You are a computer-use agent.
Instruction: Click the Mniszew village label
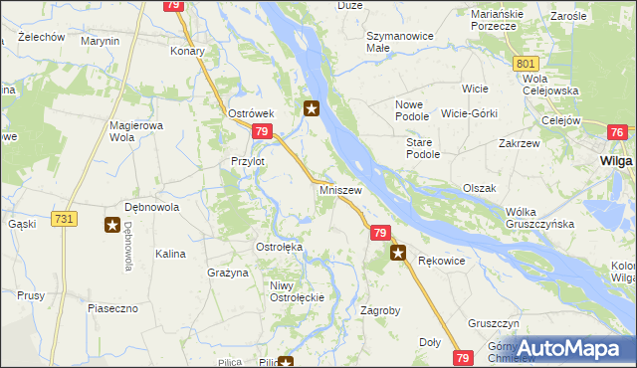pyautogui.click(x=340, y=189)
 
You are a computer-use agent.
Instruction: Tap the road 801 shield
pyautogui.click(x=527, y=64)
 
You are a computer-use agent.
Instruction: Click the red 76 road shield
pyautogui.click(x=617, y=133)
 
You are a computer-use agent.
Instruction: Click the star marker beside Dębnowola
pyautogui.click(x=111, y=226)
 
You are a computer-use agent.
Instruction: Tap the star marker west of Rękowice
pyautogui.click(x=398, y=254)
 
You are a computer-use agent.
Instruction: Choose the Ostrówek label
pyautogui.click(x=251, y=114)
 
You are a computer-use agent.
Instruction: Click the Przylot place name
pyautogui.click(x=248, y=161)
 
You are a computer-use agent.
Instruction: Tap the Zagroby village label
pyautogui.click(x=379, y=310)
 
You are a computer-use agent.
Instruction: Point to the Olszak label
pyautogui.click(x=479, y=188)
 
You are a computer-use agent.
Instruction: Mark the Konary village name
pyautogui.click(x=188, y=51)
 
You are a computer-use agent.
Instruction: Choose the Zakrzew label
pyautogui.click(x=519, y=142)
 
